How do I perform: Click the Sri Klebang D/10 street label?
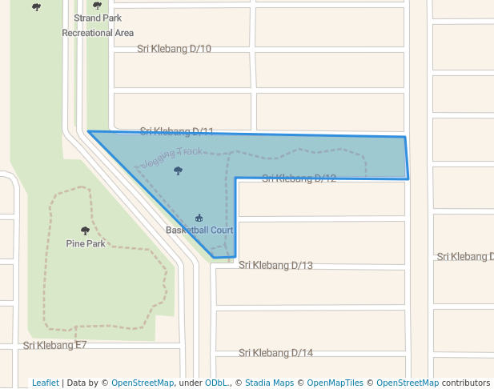coord(174,49)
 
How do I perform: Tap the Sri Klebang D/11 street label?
coord(176,131)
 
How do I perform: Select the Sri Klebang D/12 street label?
coord(299,178)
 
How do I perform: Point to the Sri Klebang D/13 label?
coord(275,265)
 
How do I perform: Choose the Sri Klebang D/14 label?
coord(275,353)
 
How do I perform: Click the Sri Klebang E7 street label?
coord(54,346)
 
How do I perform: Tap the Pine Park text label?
coord(86,243)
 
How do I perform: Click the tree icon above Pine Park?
coord(86,231)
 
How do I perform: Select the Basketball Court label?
coord(199,231)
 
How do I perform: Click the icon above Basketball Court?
coord(199,218)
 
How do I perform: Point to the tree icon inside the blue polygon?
coord(178,170)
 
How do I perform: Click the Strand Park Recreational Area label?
coord(98,25)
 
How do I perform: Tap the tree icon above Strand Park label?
coord(98,6)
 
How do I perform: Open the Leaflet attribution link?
coord(45,383)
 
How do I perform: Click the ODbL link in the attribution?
coord(216,383)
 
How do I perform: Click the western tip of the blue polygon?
coord(88,131)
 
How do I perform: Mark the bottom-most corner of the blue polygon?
coord(213,258)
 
